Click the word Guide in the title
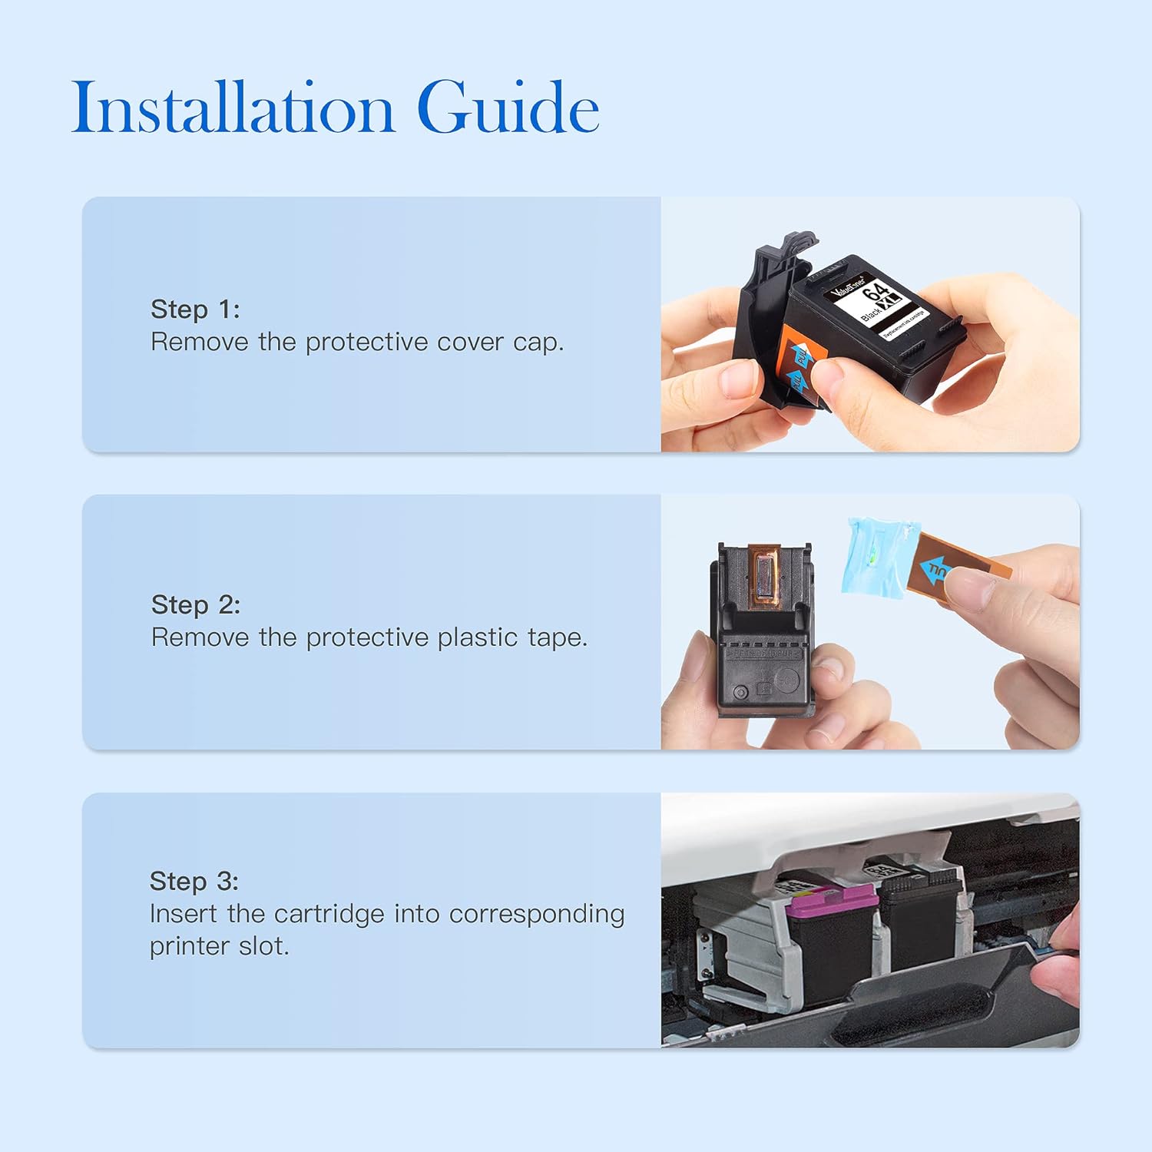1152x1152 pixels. coord(508,108)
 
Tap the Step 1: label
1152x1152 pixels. coord(195,310)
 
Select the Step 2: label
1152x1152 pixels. coord(196,605)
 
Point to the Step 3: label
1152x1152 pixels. coord(194,882)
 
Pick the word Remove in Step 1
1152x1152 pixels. coord(199,343)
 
